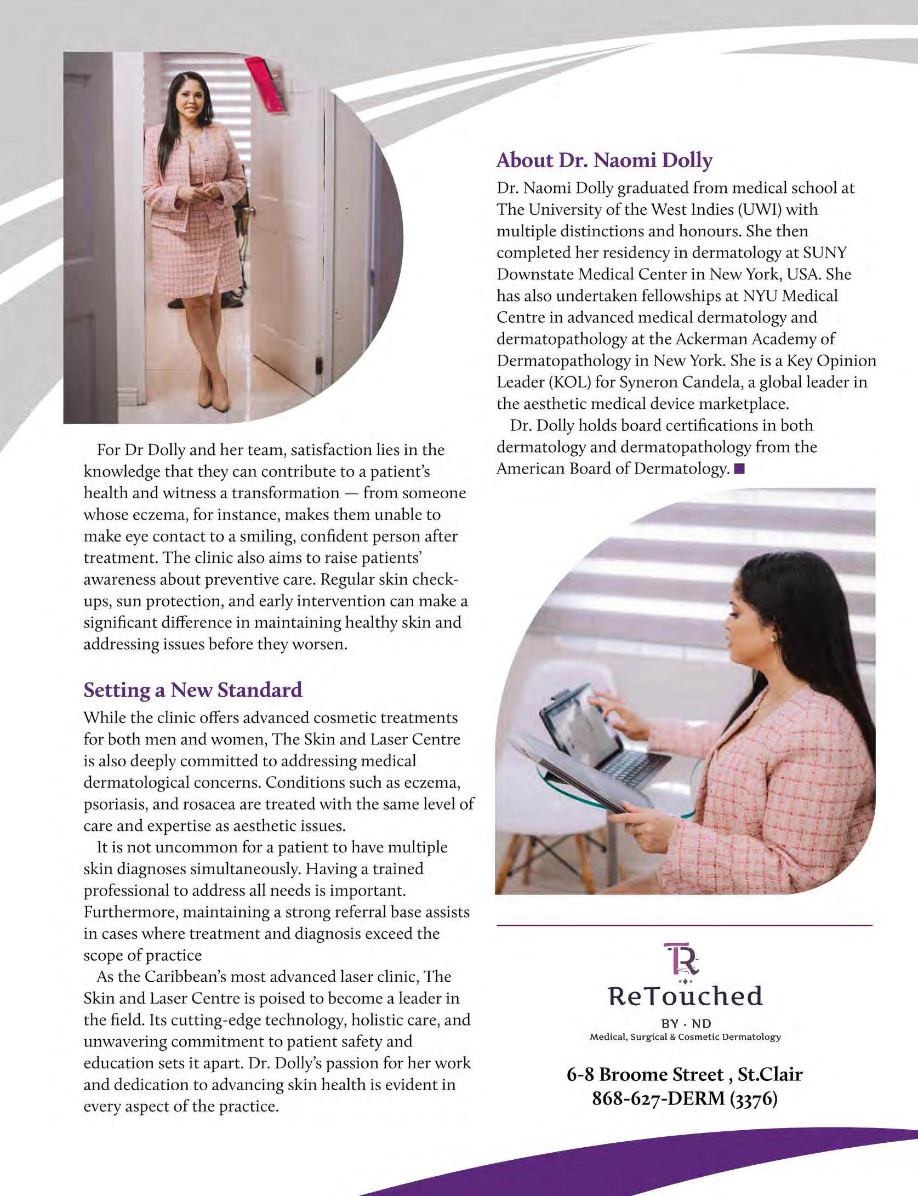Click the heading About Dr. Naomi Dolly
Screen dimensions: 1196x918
[x=604, y=161]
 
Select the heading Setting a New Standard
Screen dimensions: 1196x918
[x=192, y=690]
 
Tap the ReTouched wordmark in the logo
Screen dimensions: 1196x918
[x=685, y=996]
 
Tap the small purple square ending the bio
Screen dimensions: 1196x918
[x=740, y=469]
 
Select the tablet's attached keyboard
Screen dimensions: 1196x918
[x=636, y=761]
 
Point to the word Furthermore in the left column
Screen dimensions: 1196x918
[x=130, y=912]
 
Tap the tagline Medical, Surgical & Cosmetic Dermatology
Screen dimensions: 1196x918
[x=685, y=1037]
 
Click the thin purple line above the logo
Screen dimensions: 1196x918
[x=684, y=926]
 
